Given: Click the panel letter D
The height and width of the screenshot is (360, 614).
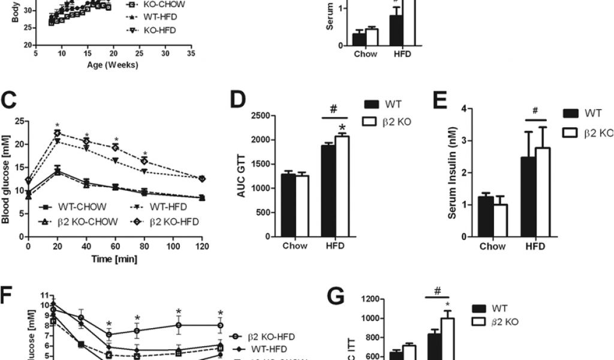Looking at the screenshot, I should (x=239, y=100).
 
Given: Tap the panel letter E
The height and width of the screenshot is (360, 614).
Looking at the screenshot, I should (x=441, y=100).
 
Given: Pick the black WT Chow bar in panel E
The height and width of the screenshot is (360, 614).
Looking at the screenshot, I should (x=486, y=217).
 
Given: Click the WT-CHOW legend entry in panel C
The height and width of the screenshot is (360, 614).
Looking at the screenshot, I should (x=69, y=208).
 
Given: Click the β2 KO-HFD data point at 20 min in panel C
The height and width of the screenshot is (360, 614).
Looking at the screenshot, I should (x=58, y=133).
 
